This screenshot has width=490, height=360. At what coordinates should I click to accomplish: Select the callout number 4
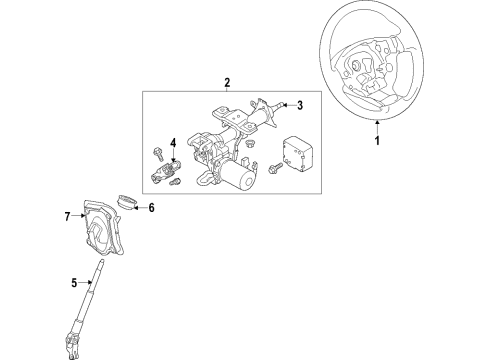point(172,143)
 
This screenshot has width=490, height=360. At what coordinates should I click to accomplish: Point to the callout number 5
point(75,283)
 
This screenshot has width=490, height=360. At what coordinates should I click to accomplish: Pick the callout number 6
point(151,208)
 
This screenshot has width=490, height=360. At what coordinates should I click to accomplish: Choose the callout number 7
point(68,215)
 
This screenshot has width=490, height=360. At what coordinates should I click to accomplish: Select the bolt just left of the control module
point(274,166)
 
